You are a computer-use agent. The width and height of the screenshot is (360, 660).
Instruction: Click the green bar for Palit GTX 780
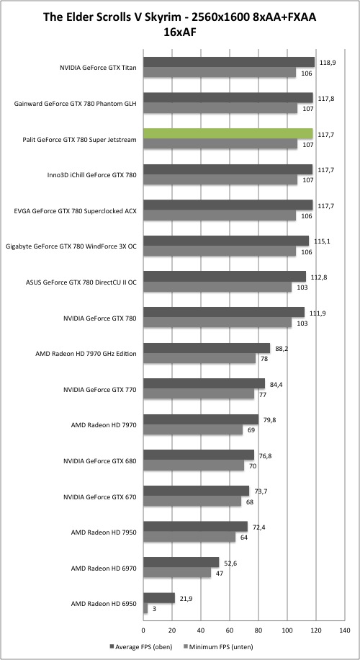(228, 133)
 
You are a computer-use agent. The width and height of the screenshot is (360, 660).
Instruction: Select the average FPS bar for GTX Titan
(229, 62)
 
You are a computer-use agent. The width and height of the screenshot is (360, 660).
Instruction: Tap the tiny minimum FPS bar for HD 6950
(145, 609)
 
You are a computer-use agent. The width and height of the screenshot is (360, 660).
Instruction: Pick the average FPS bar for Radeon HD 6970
(181, 562)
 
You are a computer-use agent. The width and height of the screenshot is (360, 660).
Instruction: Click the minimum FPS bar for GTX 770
(199, 394)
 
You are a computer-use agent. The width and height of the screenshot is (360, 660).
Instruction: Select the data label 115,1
(321, 241)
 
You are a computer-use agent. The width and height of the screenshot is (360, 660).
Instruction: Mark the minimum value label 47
(220, 573)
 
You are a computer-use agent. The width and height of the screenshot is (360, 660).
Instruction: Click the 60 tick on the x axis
(230, 630)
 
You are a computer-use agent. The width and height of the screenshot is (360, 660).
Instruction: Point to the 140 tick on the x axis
(344, 630)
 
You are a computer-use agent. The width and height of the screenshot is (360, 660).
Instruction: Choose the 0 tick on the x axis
(144, 630)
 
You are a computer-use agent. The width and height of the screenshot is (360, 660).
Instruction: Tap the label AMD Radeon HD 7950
(104, 532)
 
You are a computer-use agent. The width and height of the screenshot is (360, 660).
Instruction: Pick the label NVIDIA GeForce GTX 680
(100, 461)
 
